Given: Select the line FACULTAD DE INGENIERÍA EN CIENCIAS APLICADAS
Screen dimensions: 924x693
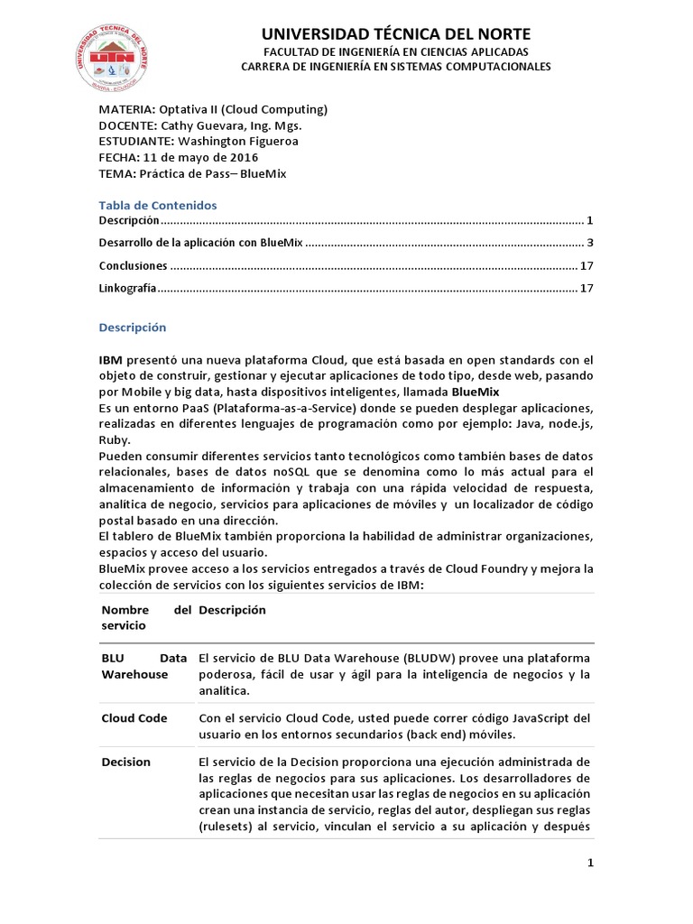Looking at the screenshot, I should [395, 52].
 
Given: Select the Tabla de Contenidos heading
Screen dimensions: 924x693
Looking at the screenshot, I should [158, 205].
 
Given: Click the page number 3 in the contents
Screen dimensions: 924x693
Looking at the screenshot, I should [589, 243].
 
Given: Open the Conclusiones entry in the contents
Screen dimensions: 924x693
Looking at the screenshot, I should [134, 266].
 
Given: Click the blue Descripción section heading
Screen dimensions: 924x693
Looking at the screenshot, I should [133, 328].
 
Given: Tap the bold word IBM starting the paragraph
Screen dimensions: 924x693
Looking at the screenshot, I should [111, 359].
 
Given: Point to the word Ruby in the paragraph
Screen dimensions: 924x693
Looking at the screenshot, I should [113, 439].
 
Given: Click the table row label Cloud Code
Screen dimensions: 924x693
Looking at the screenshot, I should [134, 718].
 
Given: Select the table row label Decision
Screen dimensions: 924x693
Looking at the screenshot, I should [125, 762].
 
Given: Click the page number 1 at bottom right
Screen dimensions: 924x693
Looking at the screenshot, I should [590, 864].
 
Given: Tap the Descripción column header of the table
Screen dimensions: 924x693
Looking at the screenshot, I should [233, 610].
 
